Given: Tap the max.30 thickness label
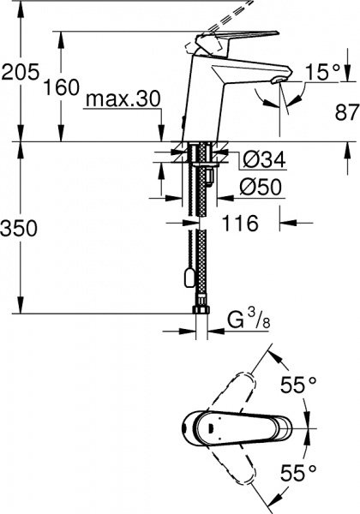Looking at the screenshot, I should (x=123, y=100).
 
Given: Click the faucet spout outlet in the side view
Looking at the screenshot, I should (x=277, y=81).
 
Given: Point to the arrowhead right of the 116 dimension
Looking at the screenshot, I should (x=285, y=224).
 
